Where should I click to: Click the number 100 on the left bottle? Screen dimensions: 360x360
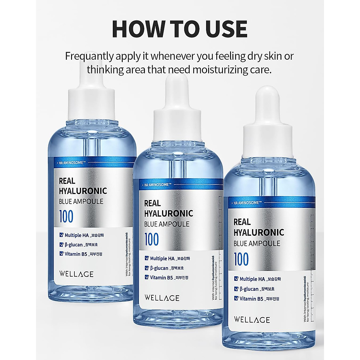66,217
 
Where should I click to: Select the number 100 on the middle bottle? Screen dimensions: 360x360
151,239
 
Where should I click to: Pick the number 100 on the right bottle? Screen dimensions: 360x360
241,259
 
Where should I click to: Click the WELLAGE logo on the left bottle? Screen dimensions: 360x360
76,274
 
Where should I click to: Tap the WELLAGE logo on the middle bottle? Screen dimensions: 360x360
162,298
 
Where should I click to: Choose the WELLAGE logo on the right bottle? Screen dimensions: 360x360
252,319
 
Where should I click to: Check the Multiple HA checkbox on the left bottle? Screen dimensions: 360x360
61,235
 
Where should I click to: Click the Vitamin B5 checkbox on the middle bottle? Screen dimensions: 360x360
147,277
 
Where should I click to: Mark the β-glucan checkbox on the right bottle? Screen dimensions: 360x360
236,289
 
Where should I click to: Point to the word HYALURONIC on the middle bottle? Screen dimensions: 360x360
168,214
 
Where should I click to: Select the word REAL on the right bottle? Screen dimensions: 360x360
242,222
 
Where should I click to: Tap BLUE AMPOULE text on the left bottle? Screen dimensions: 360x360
81,201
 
